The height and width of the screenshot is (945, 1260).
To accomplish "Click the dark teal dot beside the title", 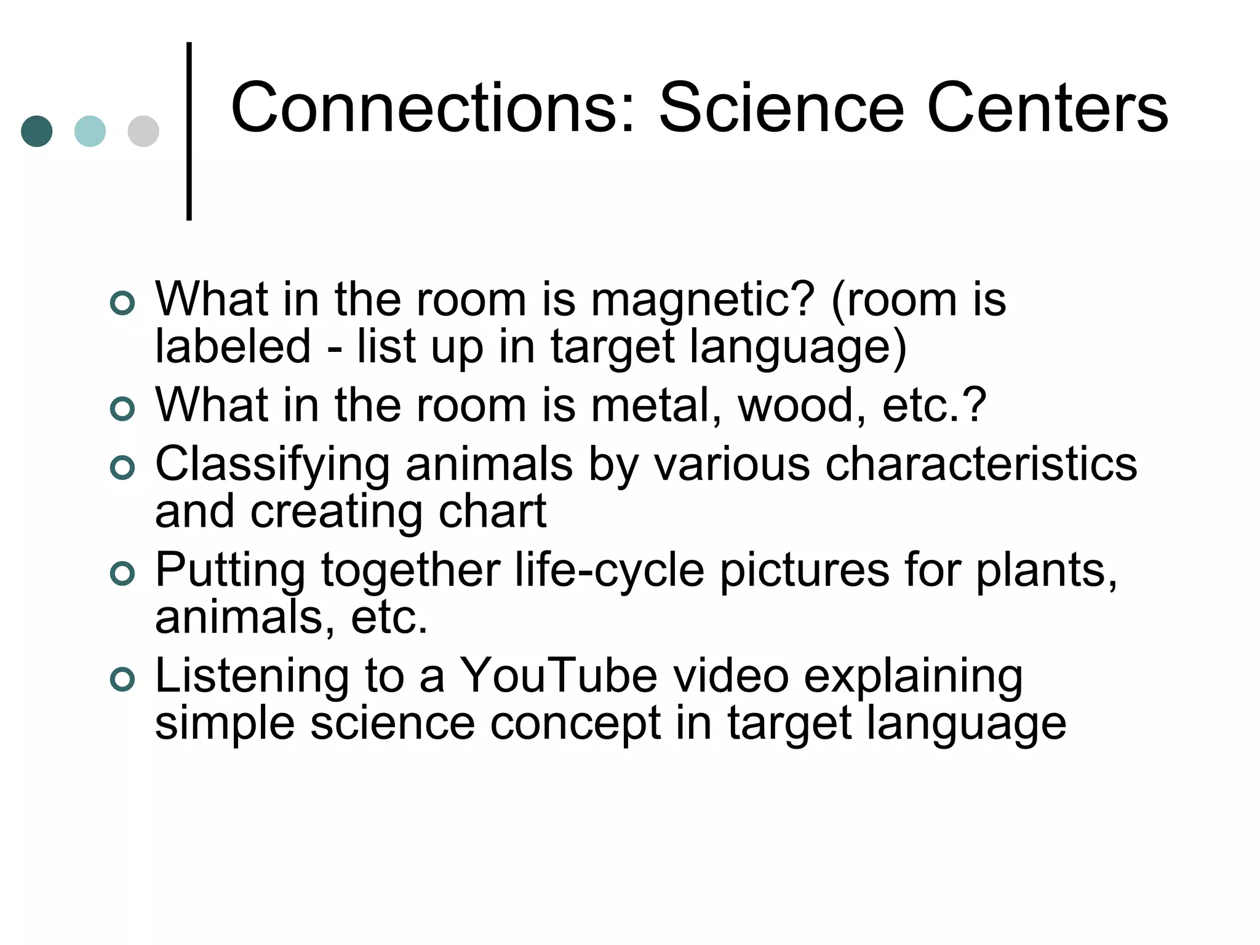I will pos(37,132).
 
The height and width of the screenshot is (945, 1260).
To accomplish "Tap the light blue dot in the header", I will pos(90,132).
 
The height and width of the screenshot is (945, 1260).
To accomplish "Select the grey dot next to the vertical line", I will pos(143,132).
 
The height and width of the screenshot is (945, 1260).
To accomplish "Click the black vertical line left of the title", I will pos(189,130).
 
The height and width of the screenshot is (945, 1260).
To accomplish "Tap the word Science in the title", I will pos(781,108).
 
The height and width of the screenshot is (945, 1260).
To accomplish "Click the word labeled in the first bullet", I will pos(233,347).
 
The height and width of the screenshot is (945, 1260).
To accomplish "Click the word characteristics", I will pos(981,465).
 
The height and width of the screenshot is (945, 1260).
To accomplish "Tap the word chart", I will pos(492,511).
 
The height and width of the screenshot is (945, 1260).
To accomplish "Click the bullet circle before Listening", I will pos(122,679).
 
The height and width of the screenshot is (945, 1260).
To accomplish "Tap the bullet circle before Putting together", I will pos(122,573).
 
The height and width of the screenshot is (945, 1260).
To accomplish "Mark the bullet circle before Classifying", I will pos(122,468).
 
